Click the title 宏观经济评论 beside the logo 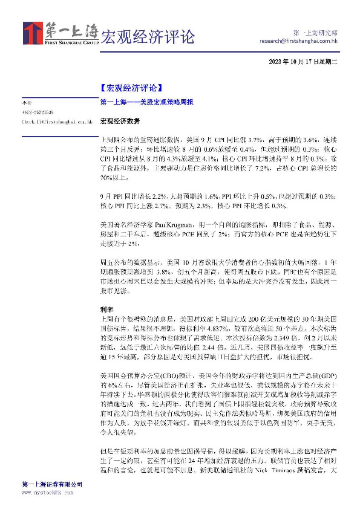147,36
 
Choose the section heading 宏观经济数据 116,122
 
